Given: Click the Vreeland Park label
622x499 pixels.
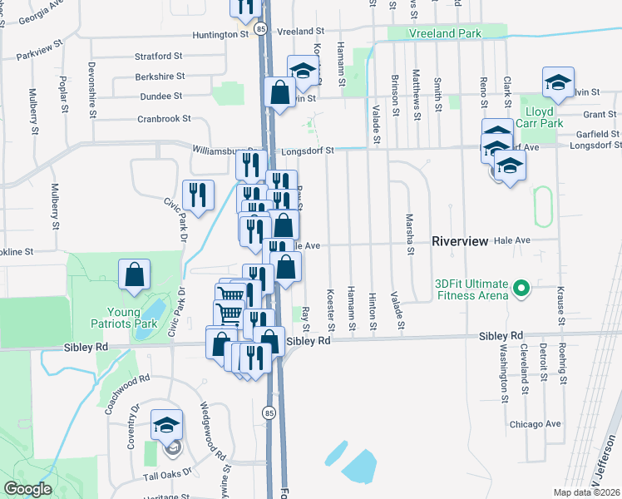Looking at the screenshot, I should click(x=445, y=33).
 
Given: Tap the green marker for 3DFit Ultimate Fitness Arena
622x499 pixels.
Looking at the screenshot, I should click(x=521, y=289).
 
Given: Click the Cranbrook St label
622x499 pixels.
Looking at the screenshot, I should click(x=165, y=119).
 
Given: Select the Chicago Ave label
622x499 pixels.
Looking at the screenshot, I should click(x=536, y=423).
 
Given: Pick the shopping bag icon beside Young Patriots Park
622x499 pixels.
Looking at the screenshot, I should click(x=135, y=274).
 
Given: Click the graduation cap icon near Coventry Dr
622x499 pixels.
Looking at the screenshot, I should click(x=166, y=425).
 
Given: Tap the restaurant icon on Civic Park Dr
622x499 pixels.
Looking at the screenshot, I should click(x=198, y=195).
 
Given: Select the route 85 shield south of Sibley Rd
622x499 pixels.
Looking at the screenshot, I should click(x=269, y=412).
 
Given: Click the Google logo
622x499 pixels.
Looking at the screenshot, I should click(x=27, y=489).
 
